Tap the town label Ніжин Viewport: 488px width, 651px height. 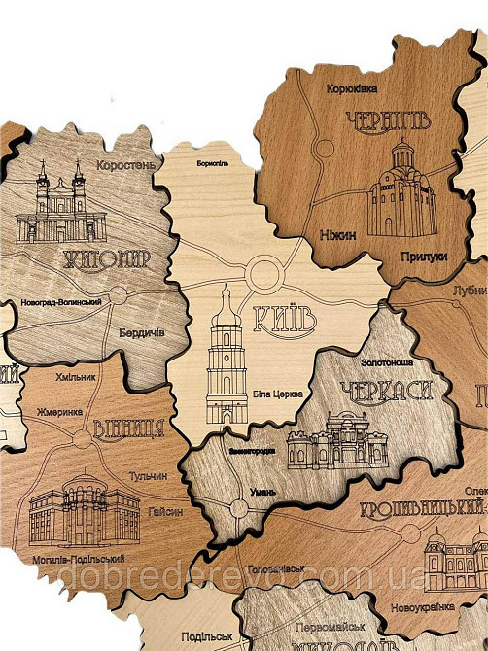[x=337, y=235]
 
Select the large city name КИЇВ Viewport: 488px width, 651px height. [x=284, y=317]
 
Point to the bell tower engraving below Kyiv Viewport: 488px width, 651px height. [x=226, y=355]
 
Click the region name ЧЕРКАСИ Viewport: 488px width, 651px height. [x=384, y=392]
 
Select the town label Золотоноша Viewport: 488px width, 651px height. [x=386, y=361]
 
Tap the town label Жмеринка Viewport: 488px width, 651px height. [x=59, y=413]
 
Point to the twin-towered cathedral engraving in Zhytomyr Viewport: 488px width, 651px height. [x=60, y=205]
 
